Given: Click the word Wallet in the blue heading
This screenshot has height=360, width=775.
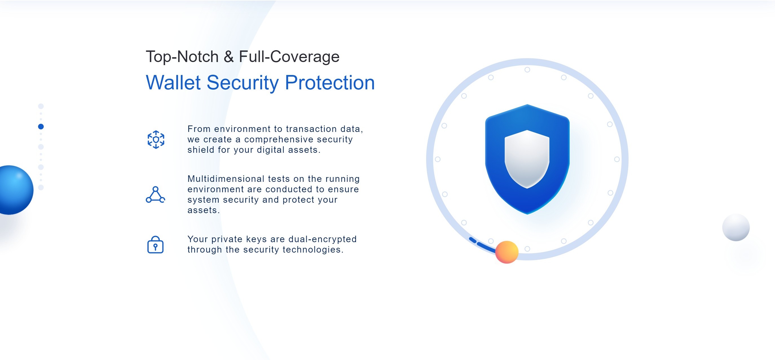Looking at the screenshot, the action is tap(173, 82).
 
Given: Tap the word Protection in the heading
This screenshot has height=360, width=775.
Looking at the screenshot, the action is tap(330, 82).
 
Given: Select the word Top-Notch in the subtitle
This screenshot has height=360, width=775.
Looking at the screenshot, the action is tap(182, 57).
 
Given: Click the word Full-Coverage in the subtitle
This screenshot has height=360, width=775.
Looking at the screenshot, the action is tap(289, 57).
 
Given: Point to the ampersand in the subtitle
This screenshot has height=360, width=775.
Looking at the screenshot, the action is tap(229, 57).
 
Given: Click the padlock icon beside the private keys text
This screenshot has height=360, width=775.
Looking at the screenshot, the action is tap(155, 244).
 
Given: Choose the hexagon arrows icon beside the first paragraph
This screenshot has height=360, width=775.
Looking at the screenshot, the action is tap(156, 139).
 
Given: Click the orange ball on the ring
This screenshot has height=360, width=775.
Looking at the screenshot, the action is tap(507, 252).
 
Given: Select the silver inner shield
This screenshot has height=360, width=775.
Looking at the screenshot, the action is tap(527, 159).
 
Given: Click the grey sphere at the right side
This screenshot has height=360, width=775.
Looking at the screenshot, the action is tap(736, 228).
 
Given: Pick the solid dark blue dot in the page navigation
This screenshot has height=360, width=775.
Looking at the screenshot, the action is tap(41, 127).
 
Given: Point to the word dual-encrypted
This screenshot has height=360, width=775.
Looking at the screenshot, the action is tap(323, 239).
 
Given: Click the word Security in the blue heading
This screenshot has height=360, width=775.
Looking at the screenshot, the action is tap(243, 82).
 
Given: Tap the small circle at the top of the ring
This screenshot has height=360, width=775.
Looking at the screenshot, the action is tap(527, 70).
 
